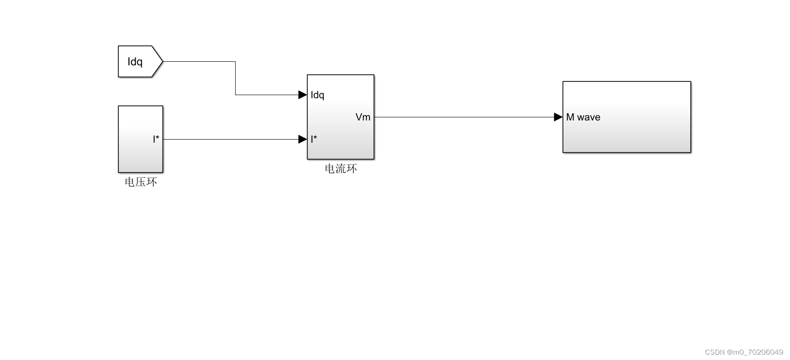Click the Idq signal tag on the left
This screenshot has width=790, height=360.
click(x=136, y=62)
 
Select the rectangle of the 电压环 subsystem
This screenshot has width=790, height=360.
click(x=136, y=151)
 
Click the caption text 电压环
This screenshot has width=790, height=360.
click(x=140, y=182)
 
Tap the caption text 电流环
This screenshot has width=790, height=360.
click(x=341, y=169)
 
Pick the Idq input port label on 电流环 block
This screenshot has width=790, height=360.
click(x=317, y=95)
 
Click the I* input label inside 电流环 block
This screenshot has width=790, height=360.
click(x=314, y=139)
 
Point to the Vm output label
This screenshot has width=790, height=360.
click(x=363, y=117)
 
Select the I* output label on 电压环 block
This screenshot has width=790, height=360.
click(x=156, y=139)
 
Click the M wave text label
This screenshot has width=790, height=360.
click(x=583, y=117)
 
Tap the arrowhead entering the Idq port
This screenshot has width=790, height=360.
click(x=302, y=95)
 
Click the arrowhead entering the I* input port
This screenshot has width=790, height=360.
click(x=302, y=139)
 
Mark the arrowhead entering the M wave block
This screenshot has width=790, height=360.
click(x=558, y=117)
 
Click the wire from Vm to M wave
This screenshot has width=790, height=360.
click(x=462, y=117)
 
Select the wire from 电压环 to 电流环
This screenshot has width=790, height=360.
click(x=231, y=139)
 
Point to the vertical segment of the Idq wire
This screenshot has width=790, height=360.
click(x=235, y=78)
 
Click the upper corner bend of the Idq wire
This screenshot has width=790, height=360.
click(x=235, y=62)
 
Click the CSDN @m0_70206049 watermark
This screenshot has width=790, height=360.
click(x=744, y=352)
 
